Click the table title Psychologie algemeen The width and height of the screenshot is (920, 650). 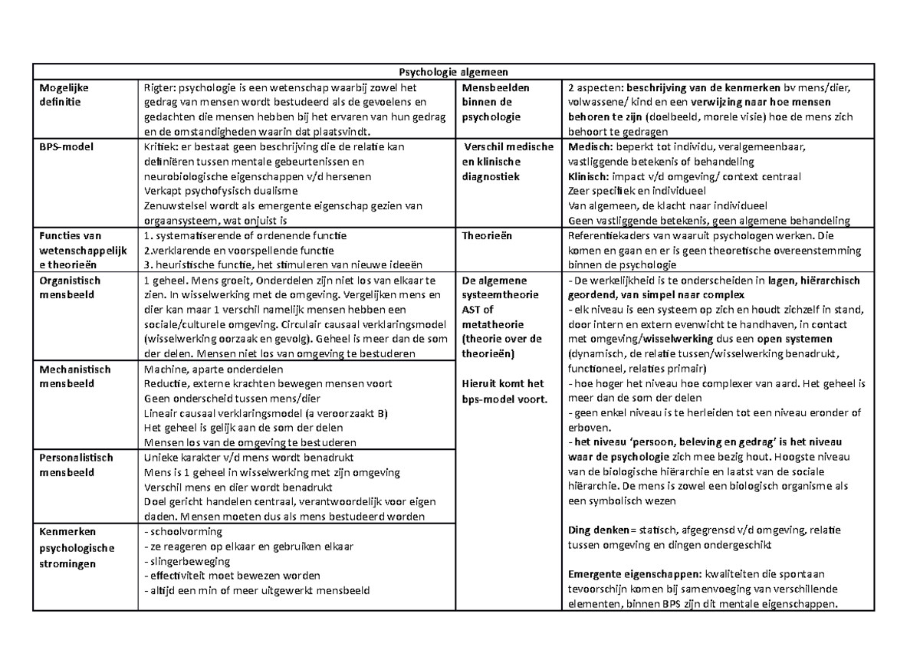point(452,72)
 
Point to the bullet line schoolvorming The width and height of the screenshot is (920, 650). point(183,531)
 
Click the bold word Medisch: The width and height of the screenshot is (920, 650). point(590,147)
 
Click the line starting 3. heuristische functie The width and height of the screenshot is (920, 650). point(268,265)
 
